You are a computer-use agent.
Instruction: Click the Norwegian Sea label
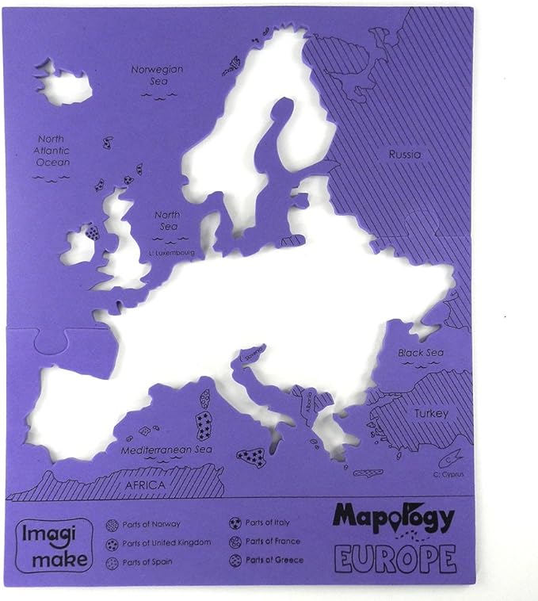tap(157, 75)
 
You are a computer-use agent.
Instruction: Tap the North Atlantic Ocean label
tap(53, 150)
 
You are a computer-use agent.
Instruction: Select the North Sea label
tap(167, 220)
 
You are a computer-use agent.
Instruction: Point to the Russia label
tap(404, 155)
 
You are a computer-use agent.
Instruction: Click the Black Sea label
tap(421, 353)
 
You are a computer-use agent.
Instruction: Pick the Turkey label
tap(430, 413)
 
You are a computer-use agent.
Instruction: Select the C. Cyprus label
tap(448, 474)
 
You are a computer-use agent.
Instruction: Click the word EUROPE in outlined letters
tap(395, 558)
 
